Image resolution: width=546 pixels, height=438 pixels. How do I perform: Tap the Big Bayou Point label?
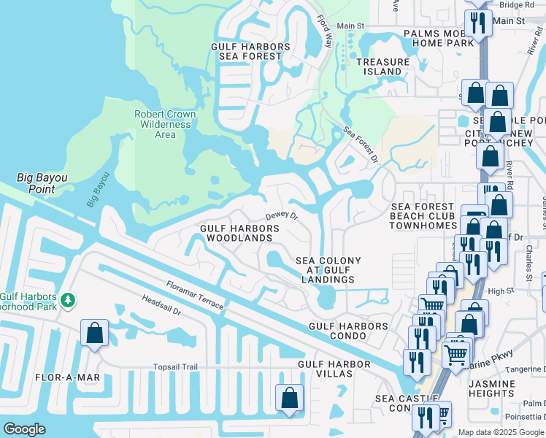[x=36, y=183]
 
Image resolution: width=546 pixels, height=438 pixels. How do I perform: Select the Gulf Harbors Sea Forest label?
[x=250, y=51]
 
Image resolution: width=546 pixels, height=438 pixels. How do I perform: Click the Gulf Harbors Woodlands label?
[x=240, y=234]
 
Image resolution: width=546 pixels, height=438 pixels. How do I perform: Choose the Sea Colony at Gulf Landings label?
[x=325, y=270]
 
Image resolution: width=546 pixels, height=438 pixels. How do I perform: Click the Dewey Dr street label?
[x=282, y=215]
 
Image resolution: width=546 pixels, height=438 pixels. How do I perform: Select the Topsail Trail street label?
[x=175, y=367]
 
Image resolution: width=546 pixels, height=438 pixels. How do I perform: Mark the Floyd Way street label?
[x=326, y=34]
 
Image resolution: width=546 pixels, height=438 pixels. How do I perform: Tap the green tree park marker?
[x=68, y=300]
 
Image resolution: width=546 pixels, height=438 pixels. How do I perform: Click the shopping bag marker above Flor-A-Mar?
[x=95, y=333]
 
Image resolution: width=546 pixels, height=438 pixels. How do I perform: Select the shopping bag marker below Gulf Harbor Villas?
[x=289, y=398]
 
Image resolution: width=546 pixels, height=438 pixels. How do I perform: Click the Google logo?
[x=25, y=429]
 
